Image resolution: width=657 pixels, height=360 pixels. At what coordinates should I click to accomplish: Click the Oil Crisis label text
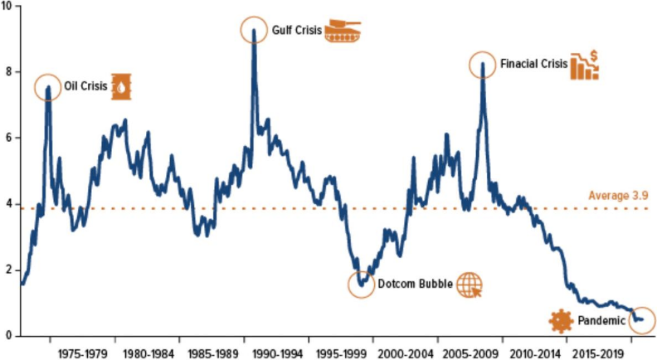86,86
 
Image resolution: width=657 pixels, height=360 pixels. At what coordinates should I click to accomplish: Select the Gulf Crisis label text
295,31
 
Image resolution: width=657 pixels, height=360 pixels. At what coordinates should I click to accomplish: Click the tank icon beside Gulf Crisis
343,31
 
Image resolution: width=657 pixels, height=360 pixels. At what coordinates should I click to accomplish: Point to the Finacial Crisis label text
533,63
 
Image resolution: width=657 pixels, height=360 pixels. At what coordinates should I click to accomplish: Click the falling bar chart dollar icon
585,65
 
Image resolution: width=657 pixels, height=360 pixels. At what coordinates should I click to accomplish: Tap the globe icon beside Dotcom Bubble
469,285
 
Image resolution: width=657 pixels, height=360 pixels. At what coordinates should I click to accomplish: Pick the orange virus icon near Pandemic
562,320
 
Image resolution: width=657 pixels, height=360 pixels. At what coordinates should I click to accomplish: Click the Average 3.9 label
618,196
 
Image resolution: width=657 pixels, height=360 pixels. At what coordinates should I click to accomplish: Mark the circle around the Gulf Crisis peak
255,31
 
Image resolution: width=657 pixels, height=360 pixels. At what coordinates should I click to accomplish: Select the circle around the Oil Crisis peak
48,87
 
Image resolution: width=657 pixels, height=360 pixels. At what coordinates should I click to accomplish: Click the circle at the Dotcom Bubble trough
362,285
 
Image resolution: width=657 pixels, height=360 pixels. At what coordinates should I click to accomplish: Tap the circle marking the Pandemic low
640,320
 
